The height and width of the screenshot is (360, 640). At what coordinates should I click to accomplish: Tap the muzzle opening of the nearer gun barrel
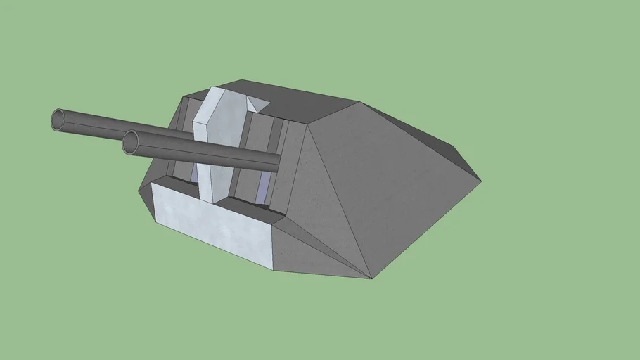pyautogui.click(x=131, y=143)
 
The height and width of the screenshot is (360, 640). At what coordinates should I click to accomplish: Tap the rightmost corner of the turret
pyautogui.click(x=481, y=181)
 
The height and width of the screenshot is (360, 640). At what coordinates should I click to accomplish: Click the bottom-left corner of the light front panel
pyautogui.click(x=155, y=224)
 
